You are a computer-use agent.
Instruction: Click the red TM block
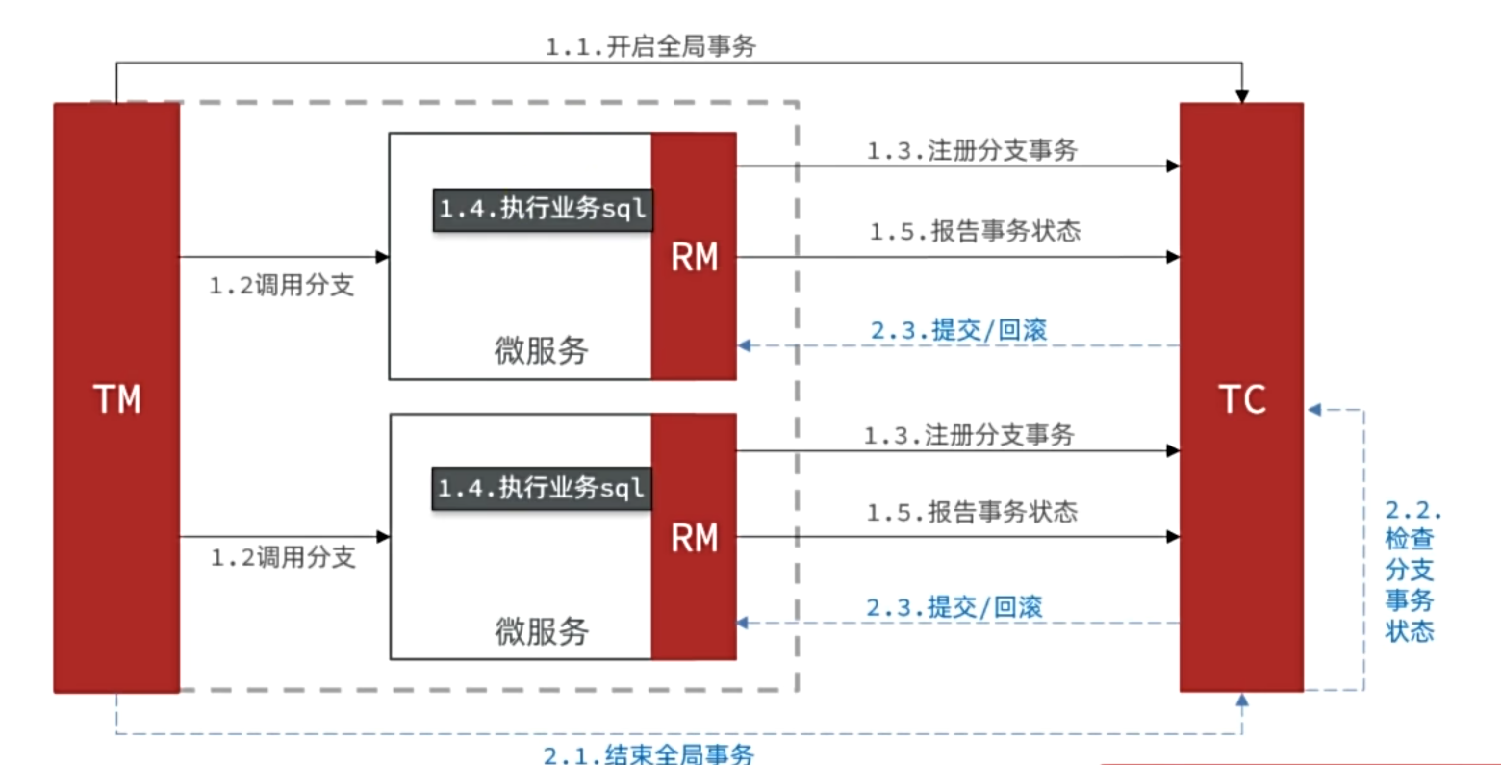[116, 397]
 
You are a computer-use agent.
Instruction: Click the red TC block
[1241, 397]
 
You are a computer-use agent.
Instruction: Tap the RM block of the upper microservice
[694, 256]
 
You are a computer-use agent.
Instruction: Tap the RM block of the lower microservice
[694, 537]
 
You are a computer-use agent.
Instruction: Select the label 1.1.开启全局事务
[650, 46]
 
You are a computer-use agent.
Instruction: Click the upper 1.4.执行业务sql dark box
[543, 209]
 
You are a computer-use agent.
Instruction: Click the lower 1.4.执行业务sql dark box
[541, 489]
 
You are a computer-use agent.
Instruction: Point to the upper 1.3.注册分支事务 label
[972, 150]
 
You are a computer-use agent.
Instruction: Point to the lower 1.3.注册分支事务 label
[968, 435]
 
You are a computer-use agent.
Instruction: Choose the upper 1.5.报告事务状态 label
[975, 231]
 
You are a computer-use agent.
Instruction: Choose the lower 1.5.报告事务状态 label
[972, 512]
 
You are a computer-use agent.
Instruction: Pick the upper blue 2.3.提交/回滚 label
[958, 330]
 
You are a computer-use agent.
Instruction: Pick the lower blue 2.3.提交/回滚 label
[954, 607]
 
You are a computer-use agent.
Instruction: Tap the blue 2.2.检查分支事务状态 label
[1411, 571]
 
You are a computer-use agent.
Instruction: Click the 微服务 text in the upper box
[541, 350]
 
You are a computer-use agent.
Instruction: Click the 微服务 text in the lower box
[541, 631]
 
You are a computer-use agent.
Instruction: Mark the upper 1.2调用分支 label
[282, 285]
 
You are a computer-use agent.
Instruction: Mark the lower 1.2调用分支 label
[283, 557]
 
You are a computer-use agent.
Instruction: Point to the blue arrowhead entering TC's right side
[1314, 411]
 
